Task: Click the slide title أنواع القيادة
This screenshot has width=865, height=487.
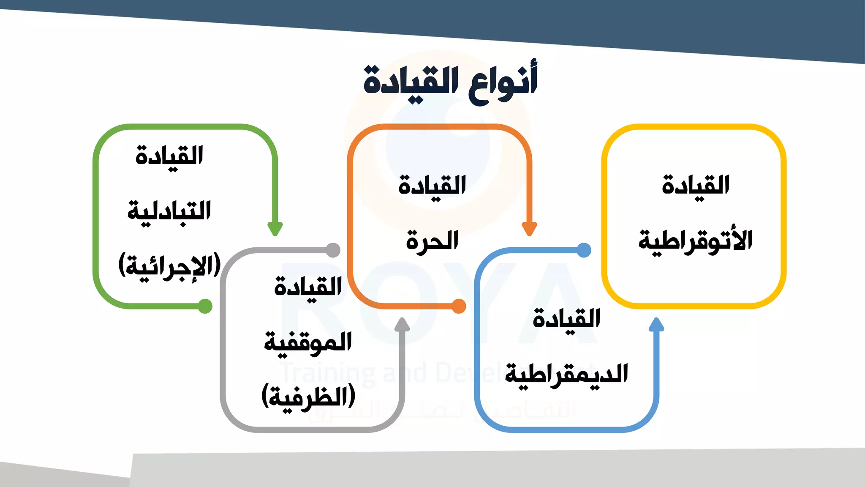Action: tap(450, 82)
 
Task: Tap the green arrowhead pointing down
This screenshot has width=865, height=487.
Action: tap(275, 229)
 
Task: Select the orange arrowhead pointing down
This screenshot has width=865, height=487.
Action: tap(529, 229)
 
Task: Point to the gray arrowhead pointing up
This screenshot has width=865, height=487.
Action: tap(402, 325)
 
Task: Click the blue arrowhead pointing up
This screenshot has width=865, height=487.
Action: tap(656, 325)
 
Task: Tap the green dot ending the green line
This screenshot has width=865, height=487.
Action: tap(205, 306)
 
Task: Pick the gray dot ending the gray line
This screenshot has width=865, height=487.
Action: tap(333, 250)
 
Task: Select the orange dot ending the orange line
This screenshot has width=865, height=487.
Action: tap(459, 306)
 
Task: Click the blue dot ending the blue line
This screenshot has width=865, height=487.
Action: tap(584, 250)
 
